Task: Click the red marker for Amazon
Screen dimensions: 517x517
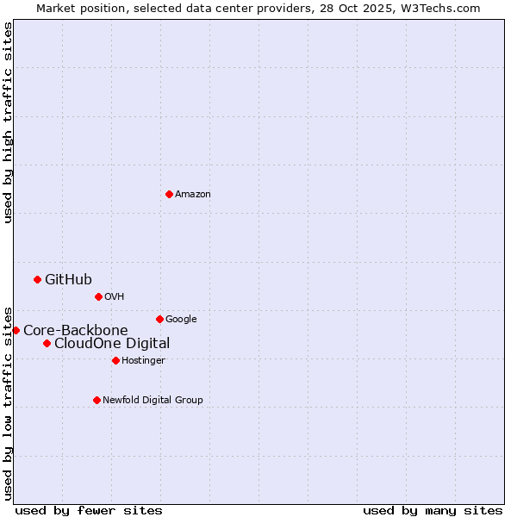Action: (x=169, y=194)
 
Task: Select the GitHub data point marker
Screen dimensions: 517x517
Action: (x=37, y=279)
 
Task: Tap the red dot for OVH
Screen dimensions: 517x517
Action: (x=98, y=296)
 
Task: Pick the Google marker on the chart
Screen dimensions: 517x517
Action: (x=159, y=319)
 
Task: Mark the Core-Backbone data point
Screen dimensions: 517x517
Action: (x=16, y=330)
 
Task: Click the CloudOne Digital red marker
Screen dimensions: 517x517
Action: (x=47, y=343)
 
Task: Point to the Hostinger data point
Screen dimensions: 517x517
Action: (x=115, y=360)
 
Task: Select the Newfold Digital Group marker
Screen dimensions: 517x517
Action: (x=97, y=400)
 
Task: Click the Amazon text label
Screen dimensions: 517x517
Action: (x=193, y=194)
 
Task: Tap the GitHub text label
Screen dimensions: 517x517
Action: (x=68, y=279)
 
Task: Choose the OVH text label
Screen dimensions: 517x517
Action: (x=115, y=296)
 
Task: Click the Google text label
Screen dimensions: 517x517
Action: (x=181, y=319)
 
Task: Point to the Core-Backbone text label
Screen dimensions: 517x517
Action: (x=76, y=330)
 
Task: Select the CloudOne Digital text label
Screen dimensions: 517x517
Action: (x=112, y=343)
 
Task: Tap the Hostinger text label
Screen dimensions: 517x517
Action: (x=143, y=360)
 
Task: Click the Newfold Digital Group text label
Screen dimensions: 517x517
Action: (x=153, y=400)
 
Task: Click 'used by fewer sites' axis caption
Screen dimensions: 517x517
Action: (x=89, y=510)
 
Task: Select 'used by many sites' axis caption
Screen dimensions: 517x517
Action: (x=433, y=510)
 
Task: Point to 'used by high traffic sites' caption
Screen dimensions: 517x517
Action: (x=9, y=122)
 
